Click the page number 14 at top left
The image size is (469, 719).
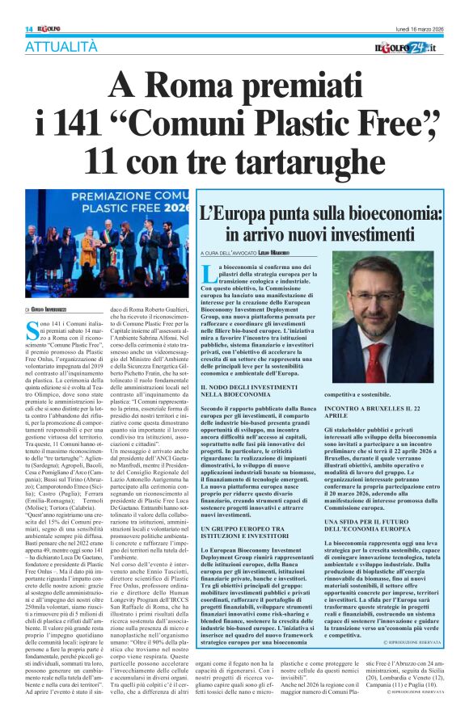point(15,8)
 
